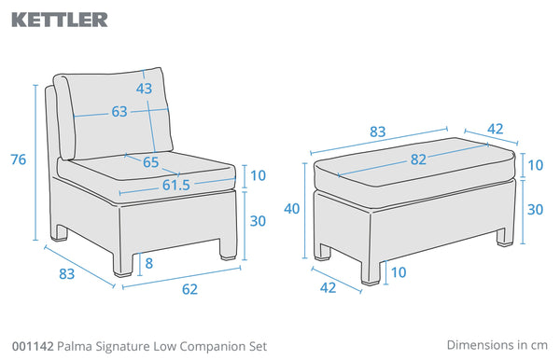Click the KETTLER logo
pyautogui.click(x=60, y=20)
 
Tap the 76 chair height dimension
pyautogui.click(x=19, y=159)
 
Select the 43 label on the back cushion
pyautogui.click(x=144, y=88)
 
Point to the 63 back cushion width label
pyautogui.click(x=119, y=112)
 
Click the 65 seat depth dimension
pyautogui.click(x=150, y=162)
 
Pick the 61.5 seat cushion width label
pyautogui.click(x=176, y=185)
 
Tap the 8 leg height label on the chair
pyautogui.click(x=149, y=263)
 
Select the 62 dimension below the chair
pyautogui.click(x=189, y=289)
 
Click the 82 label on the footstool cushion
pyautogui.click(x=418, y=159)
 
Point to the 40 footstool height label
pyautogui.click(x=292, y=209)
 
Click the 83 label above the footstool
pyautogui.click(x=377, y=132)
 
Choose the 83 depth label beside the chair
pyautogui.click(x=67, y=273)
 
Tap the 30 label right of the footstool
pyautogui.click(x=536, y=210)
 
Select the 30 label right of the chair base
pyautogui.click(x=258, y=221)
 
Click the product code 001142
pyautogui.click(x=33, y=346)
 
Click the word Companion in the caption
pyautogui.click(x=212, y=347)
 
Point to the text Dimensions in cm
pyautogui.click(x=497, y=345)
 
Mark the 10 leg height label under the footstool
pyautogui.click(x=399, y=272)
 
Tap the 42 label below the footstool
pyautogui.click(x=328, y=287)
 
